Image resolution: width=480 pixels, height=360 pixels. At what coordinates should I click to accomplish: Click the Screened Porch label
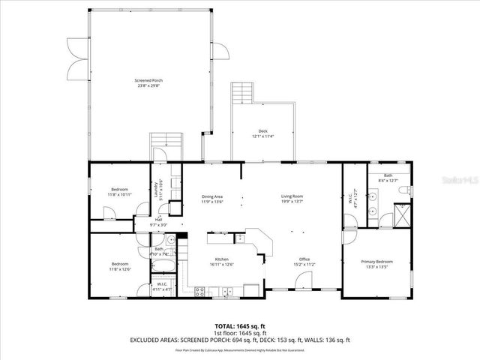(148, 82)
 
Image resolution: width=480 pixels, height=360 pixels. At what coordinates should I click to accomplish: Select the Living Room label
(292, 199)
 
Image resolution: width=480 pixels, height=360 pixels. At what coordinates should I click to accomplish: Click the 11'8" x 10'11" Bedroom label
(121, 191)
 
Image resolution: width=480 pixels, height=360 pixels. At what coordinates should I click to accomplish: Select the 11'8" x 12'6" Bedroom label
(121, 265)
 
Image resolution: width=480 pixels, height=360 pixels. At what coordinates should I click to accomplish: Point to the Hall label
(158, 221)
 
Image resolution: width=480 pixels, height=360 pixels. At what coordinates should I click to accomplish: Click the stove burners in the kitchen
(200, 292)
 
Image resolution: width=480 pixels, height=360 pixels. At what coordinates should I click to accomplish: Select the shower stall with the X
(402, 216)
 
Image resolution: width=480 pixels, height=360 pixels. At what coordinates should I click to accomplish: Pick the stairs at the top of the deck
(243, 93)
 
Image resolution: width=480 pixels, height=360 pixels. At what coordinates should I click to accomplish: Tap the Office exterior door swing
(304, 281)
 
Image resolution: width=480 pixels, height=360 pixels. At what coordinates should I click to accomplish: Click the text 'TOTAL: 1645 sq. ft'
(239, 326)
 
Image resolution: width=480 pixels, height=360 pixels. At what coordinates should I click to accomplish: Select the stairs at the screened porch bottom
(166, 142)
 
